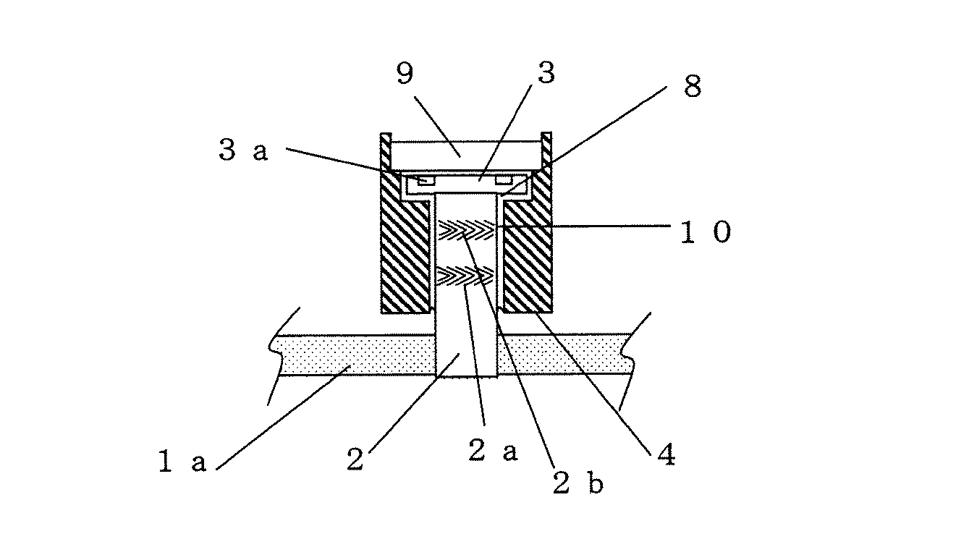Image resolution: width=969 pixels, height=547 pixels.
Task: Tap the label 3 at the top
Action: (545, 75)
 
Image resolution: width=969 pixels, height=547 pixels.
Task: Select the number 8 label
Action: (692, 88)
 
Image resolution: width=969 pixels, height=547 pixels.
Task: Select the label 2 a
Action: (492, 451)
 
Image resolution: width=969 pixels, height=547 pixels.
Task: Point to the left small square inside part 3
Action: (426, 179)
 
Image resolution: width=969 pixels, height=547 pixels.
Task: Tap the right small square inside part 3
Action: (503, 179)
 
